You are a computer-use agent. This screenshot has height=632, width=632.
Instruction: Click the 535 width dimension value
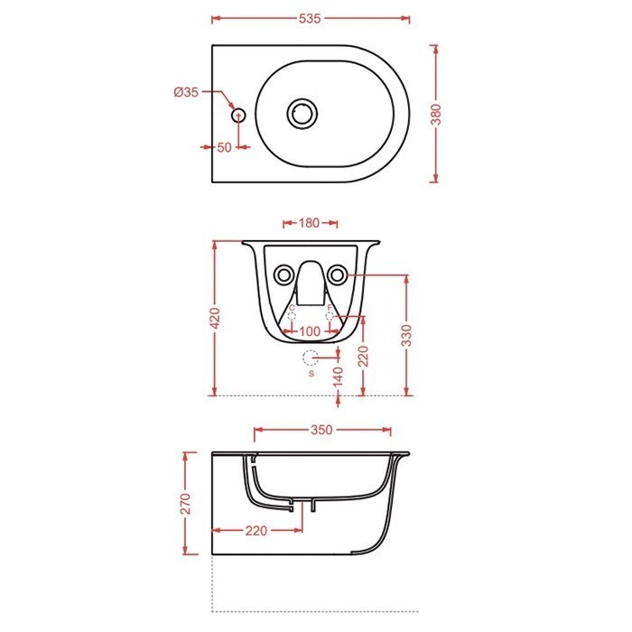(x=311, y=18)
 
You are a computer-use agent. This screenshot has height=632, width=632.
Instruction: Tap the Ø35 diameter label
(x=186, y=91)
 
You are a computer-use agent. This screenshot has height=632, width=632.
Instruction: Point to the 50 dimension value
(x=224, y=146)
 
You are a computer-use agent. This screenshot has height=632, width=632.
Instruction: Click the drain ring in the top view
(x=302, y=114)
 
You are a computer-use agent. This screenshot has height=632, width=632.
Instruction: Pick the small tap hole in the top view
(x=238, y=116)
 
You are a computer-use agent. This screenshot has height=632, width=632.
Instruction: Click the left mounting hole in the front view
(x=283, y=274)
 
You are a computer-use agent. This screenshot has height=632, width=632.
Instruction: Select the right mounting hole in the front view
(x=338, y=274)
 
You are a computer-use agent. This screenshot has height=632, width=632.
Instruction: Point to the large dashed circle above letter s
(x=311, y=357)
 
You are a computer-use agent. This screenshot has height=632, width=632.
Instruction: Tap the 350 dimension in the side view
(x=322, y=430)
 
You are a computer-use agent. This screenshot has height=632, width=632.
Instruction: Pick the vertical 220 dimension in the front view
(x=362, y=356)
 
